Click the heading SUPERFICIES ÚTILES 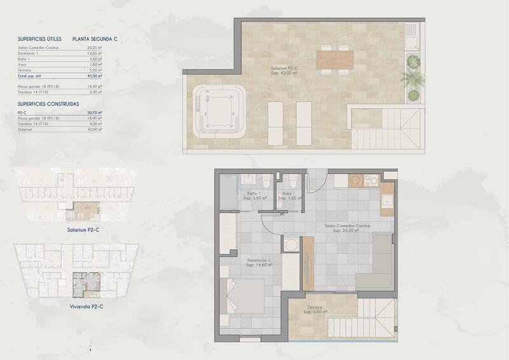[x=39, y=39]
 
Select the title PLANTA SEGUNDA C [x=95, y=39]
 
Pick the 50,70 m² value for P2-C [x=94, y=112]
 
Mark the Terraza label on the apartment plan [x=313, y=309]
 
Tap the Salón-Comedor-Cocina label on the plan [x=347, y=227]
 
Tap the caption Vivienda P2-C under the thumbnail [x=86, y=306]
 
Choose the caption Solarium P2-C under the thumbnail [x=86, y=230]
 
